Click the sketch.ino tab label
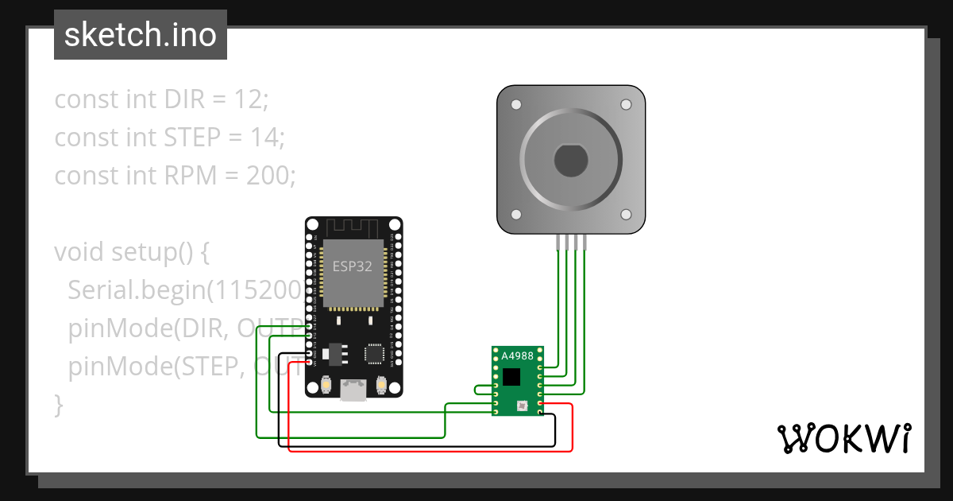click(x=140, y=35)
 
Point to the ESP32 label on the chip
click(x=352, y=266)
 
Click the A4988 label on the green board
click(x=517, y=356)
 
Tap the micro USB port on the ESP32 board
click(x=353, y=390)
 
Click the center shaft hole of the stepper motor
click(x=570, y=161)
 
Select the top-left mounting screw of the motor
click(x=516, y=105)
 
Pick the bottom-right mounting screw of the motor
click(x=625, y=215)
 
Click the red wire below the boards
click(x=429, y=451)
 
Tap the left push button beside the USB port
click(x=326, y=386)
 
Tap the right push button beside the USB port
click(x=381, y=386)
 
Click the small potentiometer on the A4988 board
click(x=521, y=406)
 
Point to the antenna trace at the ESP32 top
click(x=353, y=227)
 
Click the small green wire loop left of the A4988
click(x=480, y=389)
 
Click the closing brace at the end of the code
click(x=58, y=403)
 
